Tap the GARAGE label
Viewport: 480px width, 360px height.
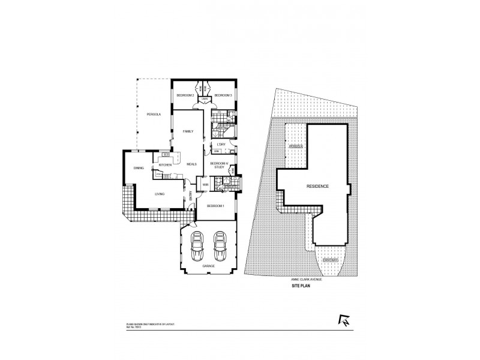click(x=208, y=265)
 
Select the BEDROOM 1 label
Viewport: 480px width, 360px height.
click(x=215, y=206)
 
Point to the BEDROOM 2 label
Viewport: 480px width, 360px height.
click(x=184, y=95)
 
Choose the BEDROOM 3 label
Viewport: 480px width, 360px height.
click(x=223, y=95)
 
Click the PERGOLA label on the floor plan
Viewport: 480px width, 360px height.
click(x=148, y=115)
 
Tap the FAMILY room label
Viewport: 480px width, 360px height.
click(x=188, y=131)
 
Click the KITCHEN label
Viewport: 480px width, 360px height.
click(x=166, y=164)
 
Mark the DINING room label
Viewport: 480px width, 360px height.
click(x=139, y=169)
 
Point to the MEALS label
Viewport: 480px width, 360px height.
click(x=192, y=164)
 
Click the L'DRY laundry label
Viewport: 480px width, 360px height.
click(x=220, y=145)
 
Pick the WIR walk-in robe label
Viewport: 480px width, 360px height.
click(x=205, y=184)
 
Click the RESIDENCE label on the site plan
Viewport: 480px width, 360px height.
click(x=317, y=187)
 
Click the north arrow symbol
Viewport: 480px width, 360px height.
click(x=344, y=322)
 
